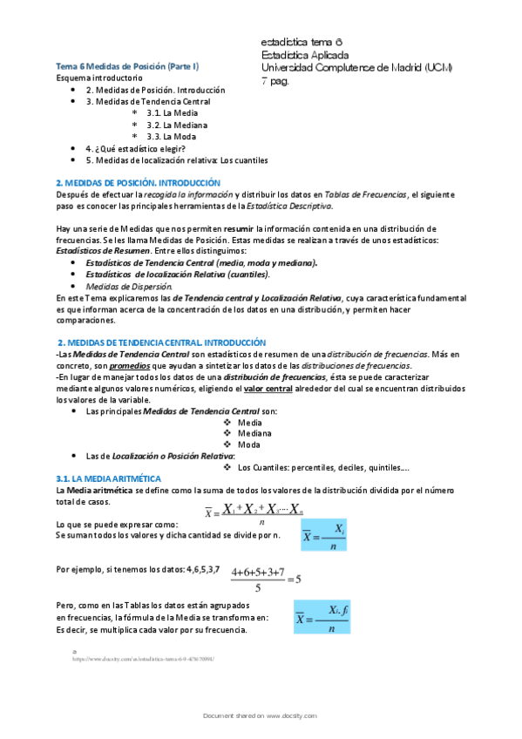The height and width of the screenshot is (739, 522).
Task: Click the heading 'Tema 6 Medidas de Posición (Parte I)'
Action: point(127,65)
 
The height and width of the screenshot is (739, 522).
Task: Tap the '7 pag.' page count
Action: point(276,81)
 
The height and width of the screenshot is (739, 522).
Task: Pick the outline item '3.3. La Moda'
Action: point(172,137)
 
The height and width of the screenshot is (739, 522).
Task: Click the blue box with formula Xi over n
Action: point(323,536)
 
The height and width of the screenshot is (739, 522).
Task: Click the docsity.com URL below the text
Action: point(144,659)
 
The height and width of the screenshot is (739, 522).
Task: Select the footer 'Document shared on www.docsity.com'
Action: point(261,715)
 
